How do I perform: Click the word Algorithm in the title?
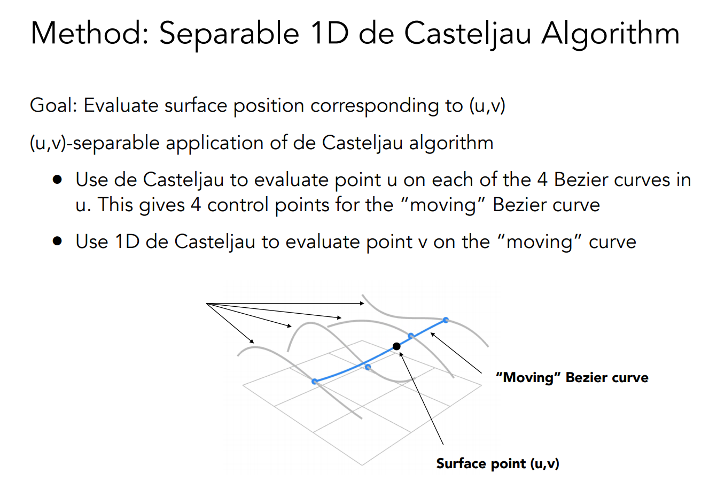610,33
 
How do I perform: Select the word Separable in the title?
229,33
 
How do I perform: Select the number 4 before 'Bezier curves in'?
542,180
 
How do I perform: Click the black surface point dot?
396,346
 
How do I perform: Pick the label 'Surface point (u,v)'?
497,463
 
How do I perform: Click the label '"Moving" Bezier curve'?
572,377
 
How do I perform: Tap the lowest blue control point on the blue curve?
315,381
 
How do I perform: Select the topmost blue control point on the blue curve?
446,320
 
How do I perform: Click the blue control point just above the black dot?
411,336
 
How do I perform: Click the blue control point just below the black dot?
368,367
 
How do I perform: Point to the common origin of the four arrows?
207,304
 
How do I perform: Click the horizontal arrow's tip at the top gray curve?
363,303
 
